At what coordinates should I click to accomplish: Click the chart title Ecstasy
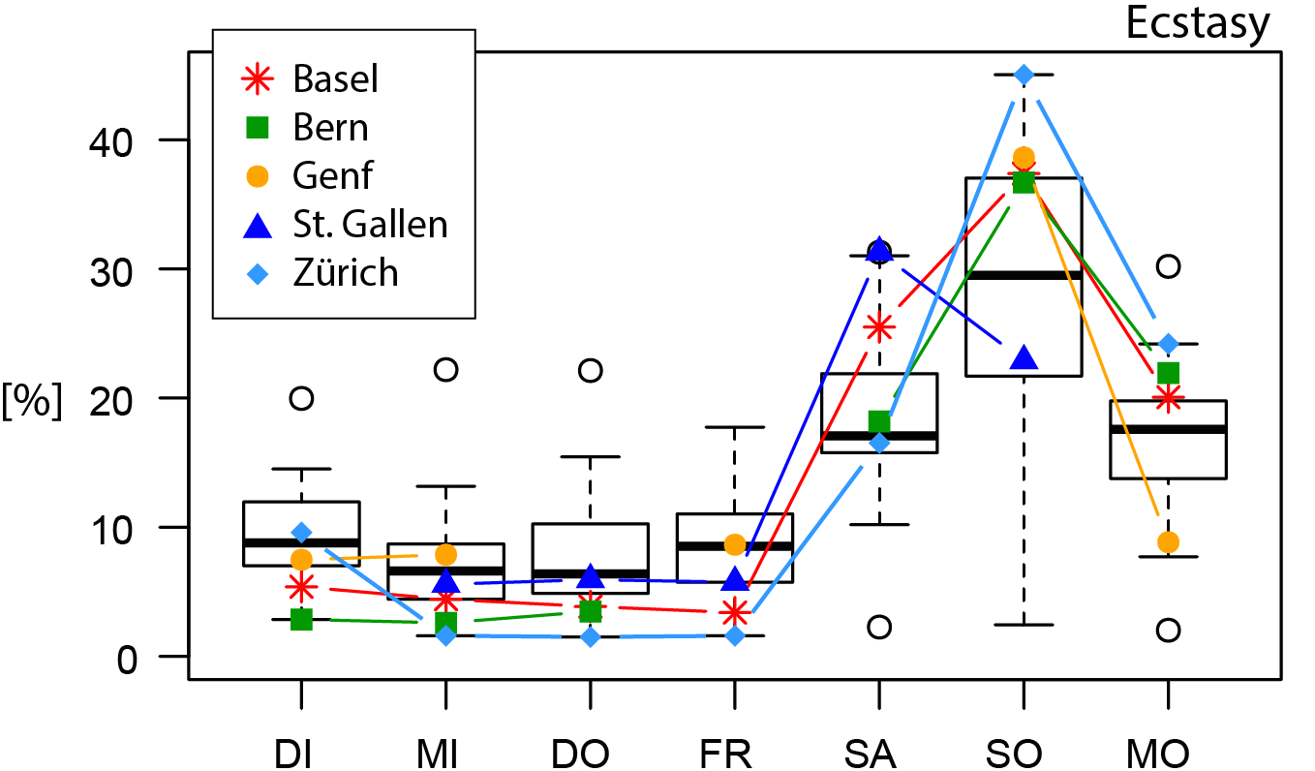click(x=1197, y=24)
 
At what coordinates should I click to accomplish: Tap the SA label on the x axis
click(x=878, y=753)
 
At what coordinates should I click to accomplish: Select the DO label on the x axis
click(x=590, y=753)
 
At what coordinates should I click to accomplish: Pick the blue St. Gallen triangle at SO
click(x=1024, y=358)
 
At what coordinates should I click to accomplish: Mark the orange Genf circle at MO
click(x=1168, y=542)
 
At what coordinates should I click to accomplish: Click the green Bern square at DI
click(x=302, y=620)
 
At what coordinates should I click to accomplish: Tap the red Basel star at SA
click(x=878, y=327)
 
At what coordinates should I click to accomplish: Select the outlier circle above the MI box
click(x=445, y=369)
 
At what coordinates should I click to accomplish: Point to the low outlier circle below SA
click(x=878, y=627)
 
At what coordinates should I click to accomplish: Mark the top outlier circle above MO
click(x=1168, y=266)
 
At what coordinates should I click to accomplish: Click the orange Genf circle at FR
click(x=735, y=544)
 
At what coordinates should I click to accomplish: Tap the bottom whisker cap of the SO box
click(x=1024, y=625)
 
